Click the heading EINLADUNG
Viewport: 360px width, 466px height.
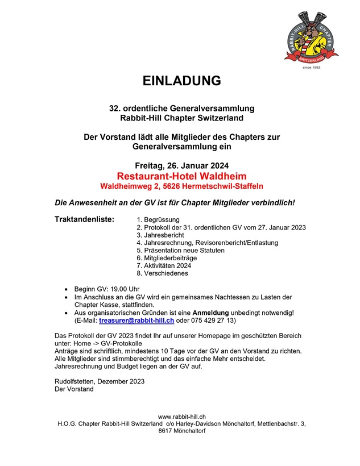pos(181,81)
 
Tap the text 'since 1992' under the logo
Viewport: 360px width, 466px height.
pos(312,68)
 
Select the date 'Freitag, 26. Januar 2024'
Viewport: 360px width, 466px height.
pos(181,166)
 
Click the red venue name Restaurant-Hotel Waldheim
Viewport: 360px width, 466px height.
pos(181,176)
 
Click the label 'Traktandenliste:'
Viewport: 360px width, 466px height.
pos(84,219)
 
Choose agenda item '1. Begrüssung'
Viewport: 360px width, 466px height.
pos(158,219)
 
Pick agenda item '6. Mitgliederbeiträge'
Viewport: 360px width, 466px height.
pos(167,257)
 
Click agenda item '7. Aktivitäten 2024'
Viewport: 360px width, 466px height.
pos(164,265)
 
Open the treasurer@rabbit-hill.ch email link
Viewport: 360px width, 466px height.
pos(140,321)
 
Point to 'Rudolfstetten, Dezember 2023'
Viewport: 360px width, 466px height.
pos(100,381)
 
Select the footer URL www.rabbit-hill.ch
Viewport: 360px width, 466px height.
pos(181,417)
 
